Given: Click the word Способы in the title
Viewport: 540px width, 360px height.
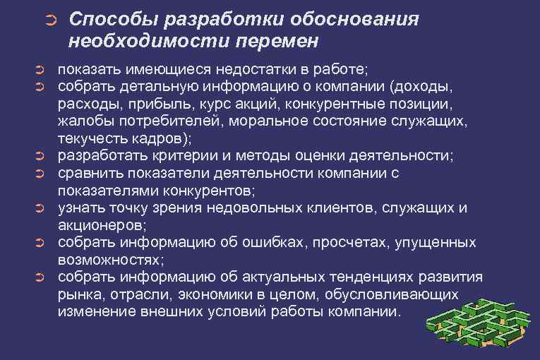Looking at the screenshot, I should [108, 19].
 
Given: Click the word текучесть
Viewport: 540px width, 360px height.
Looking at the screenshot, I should [92, 138].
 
